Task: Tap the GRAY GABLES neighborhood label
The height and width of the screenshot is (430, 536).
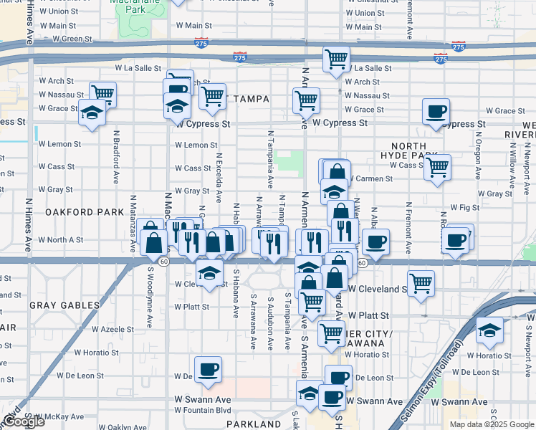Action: pos(64,305)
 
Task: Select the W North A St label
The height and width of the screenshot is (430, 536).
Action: pos(60,240)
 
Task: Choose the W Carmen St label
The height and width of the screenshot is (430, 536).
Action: pos(370,178)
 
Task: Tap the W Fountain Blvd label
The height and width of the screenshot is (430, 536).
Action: pos(204,410)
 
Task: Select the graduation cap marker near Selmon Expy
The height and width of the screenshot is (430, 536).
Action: pos(489,329)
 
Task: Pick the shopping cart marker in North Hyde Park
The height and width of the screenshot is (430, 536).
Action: pos(436,167)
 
